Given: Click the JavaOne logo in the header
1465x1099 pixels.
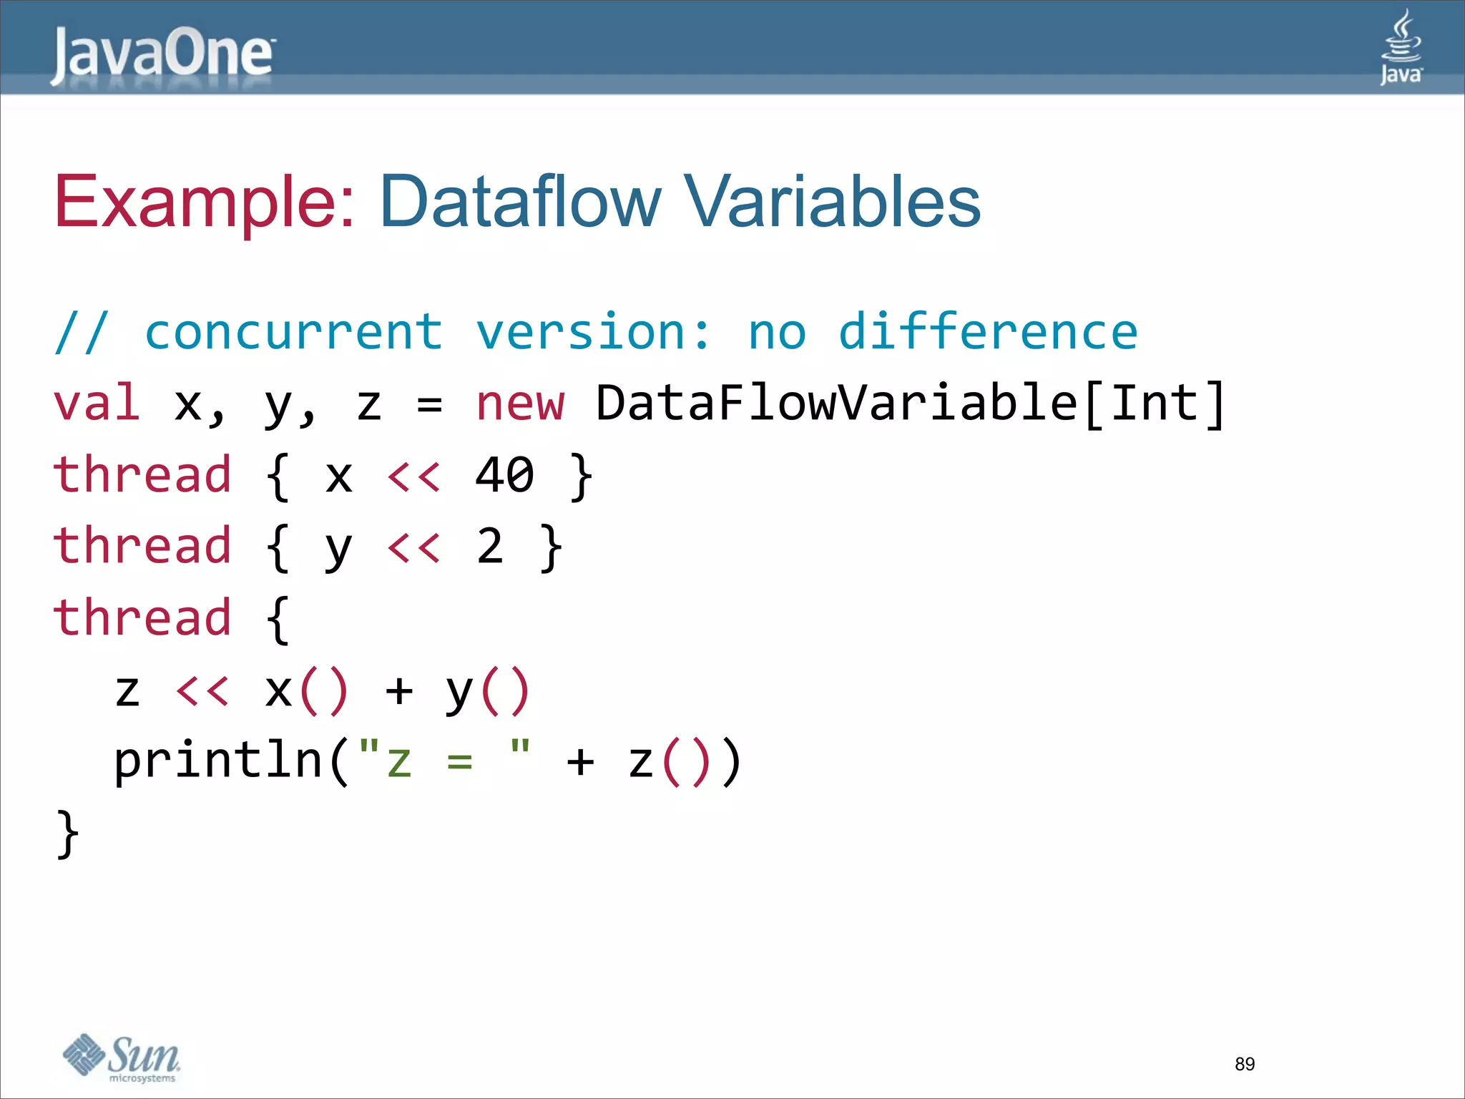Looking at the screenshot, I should (162, 55).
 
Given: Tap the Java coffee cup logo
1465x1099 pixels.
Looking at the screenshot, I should (1401, 47).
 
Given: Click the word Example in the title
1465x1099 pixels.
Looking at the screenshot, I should (204, 202).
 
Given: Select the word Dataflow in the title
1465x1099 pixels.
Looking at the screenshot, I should (520, 202).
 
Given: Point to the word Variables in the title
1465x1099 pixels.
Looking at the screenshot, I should (832, 202).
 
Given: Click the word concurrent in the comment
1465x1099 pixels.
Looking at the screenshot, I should (294, 333).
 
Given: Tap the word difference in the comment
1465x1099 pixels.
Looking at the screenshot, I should (988, 333).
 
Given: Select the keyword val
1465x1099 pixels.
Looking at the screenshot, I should (97, 403).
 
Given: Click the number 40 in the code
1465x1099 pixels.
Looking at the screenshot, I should (504, 476).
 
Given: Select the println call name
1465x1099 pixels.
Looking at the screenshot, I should (219, 761).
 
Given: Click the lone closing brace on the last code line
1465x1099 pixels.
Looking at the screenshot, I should (67, 834).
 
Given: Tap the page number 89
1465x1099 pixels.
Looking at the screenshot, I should (1245, 1064).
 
